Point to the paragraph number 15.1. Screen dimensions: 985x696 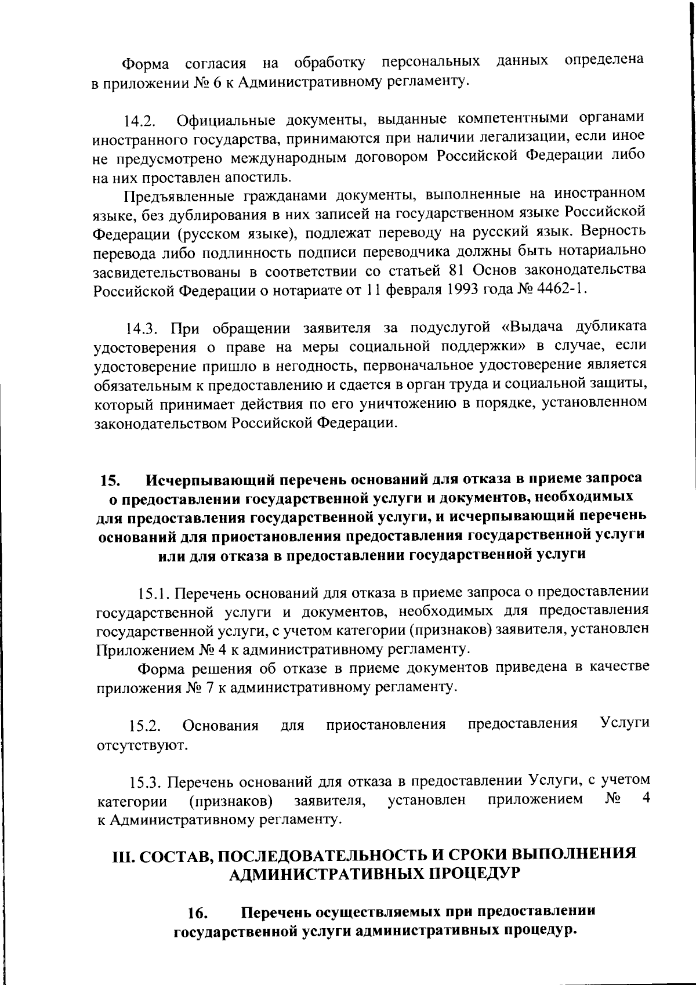[153, 593]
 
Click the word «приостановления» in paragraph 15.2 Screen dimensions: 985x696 [386, 725]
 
